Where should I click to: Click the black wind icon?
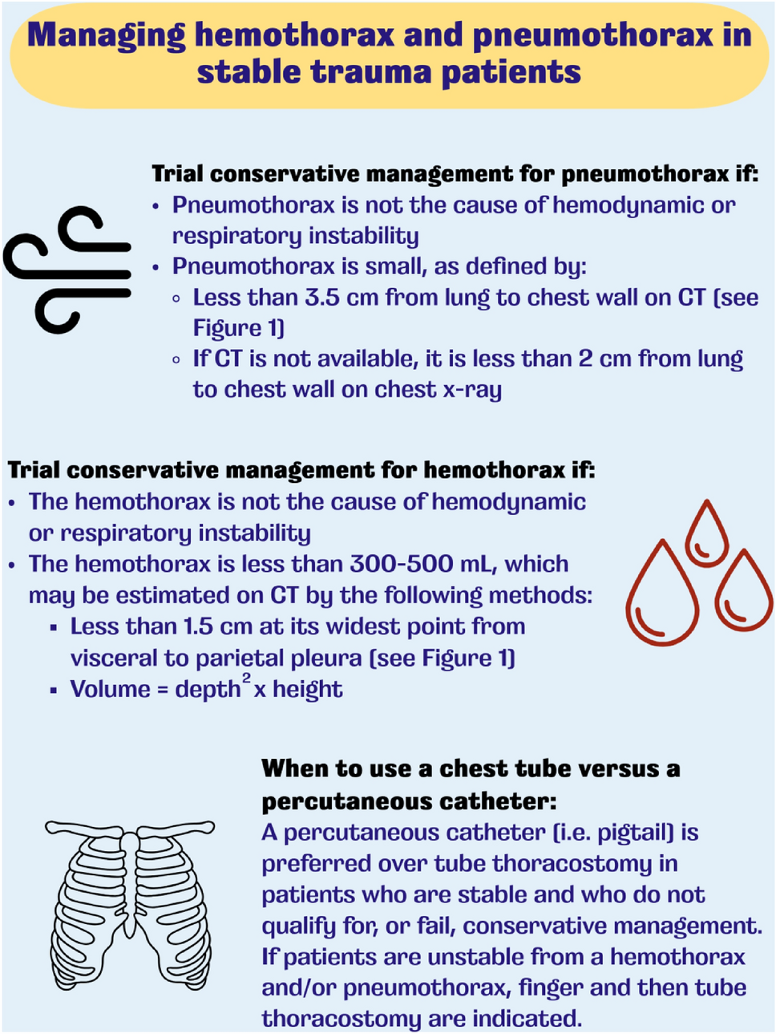click(67, 270)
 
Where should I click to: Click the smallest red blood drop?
click(706, 533)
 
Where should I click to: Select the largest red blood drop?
click(662, 594)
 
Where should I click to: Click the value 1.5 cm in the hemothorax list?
click(217, 626)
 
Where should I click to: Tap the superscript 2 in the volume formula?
click(247, 679)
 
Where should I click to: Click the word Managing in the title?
click(106, 36)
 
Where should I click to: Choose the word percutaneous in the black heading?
click(342, 801)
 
